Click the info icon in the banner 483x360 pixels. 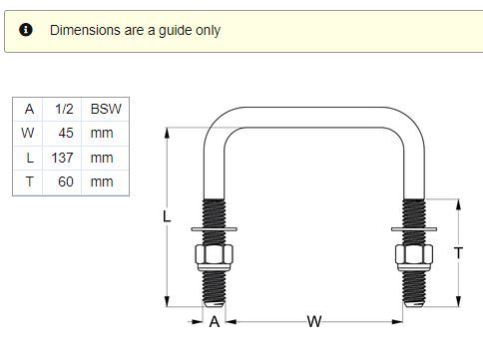(x=26, y=30)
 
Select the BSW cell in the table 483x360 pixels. (x=106, y=109)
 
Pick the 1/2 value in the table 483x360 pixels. (x=64, y=109)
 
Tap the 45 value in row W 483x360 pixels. (x=66, y=133)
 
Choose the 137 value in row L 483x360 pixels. (x=62, y=158)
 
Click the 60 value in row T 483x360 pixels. (x=66, y=181)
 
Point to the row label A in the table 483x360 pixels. (x=29, y=109)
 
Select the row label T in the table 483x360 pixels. (x=29, y=181)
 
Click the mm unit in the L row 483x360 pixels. (x=102, y=159)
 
